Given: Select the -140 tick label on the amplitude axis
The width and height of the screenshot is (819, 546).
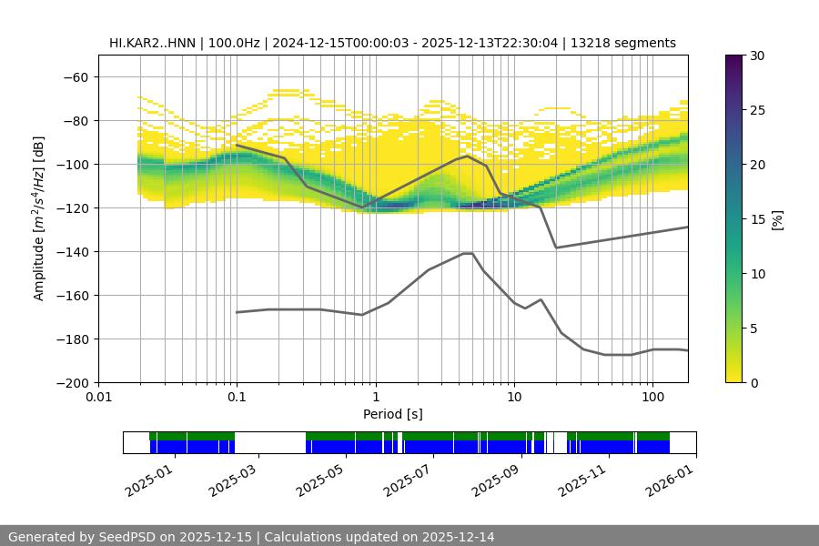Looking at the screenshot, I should (73, 251).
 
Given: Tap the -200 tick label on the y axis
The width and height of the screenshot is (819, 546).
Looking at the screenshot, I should (73, 382).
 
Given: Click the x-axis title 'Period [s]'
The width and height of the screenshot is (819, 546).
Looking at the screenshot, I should (392, 414).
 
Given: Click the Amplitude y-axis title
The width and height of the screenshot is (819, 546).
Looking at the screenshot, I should (39, 218).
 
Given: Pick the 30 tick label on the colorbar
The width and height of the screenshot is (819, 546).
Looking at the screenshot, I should (757, 56).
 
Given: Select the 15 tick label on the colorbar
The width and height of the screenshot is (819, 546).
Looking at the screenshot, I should (757, 219).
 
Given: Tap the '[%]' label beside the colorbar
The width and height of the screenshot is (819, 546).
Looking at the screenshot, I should (777, 219).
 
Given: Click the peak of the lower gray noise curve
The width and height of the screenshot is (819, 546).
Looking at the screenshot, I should (468, 253).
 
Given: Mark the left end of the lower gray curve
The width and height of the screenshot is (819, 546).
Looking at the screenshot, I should (237, 312).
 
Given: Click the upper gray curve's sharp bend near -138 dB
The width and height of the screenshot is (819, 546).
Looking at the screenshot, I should (556, 248).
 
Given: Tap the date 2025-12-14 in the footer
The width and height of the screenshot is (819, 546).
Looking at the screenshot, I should (457, 537).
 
